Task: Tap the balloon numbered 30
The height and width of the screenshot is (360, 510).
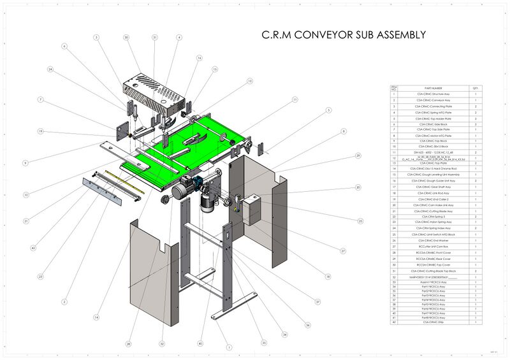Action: coord(126,38)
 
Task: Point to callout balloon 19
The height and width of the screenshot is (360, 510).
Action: coord(40,132)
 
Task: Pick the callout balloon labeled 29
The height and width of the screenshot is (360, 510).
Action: coord(358,155)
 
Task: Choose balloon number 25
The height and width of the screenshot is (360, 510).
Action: coord(360,221)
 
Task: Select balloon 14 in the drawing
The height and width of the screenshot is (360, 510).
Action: coord(96,317)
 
